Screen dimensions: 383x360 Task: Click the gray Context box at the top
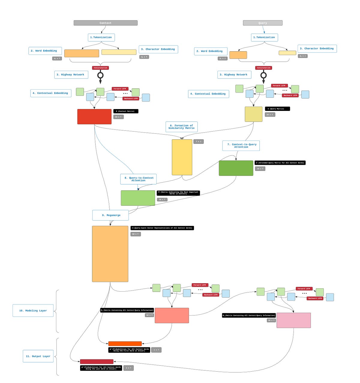pos(106,23)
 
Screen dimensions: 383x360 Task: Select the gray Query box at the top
pos(262,23)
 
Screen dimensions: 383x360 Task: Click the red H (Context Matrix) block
pos(94,117)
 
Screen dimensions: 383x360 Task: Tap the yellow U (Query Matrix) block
pos(253,114)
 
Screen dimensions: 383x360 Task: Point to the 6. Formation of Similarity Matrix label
pos(181,127)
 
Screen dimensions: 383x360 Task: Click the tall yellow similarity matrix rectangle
pos(182,157)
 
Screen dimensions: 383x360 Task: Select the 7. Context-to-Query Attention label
pos(241,146)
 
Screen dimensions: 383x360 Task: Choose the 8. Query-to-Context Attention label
pos(138,179)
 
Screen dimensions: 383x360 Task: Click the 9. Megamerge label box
pos(110,215)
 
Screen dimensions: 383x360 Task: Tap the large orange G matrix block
pos(110,254)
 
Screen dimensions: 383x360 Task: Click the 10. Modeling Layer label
pos(33,310)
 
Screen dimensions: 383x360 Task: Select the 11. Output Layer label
pos(38,356)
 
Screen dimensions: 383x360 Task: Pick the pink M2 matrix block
pos(293,320)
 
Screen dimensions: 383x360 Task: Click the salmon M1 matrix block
pos(172,316)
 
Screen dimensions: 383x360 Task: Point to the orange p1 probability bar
pos(125,344)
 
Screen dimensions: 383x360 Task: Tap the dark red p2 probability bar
pos(97,362)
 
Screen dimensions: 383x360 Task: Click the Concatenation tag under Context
pos(100,68)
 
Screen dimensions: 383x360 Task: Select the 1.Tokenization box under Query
pos(264,37)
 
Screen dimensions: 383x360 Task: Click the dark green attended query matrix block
pos(236,168)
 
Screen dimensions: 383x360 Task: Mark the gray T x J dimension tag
pos(199,141)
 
